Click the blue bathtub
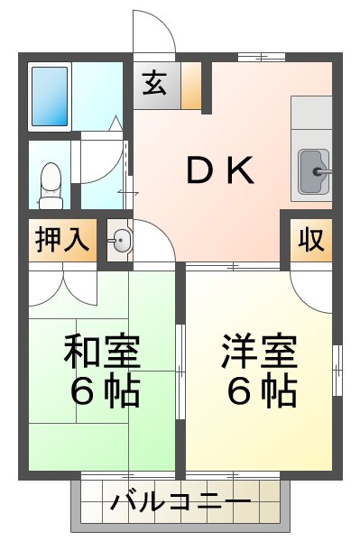coord(50,95)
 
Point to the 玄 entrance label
coord(154,87)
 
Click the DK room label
coord(220,170)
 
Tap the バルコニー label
coord(180,503)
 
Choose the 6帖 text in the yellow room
coord(260,390)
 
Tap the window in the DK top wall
coord(262,58)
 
